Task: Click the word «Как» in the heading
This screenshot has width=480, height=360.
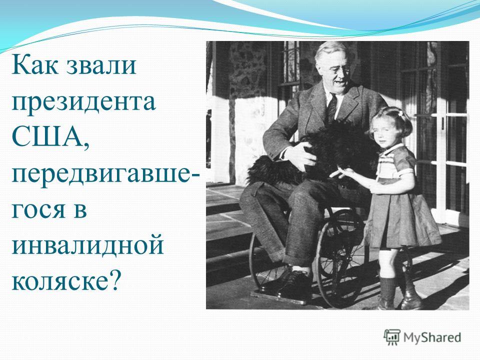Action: [34, 64]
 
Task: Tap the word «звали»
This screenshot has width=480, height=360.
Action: [101, 64]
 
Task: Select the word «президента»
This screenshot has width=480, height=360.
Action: [83, 103]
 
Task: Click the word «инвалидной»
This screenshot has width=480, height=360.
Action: [87, 244]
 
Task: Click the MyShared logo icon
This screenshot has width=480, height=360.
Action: [392, 337]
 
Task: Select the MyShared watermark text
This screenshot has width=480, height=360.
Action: [432, 337]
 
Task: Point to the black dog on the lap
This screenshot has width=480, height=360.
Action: [312, 153]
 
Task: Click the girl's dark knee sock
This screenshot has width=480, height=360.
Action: [387, 288]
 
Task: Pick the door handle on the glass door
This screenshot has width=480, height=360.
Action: [443, 123]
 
